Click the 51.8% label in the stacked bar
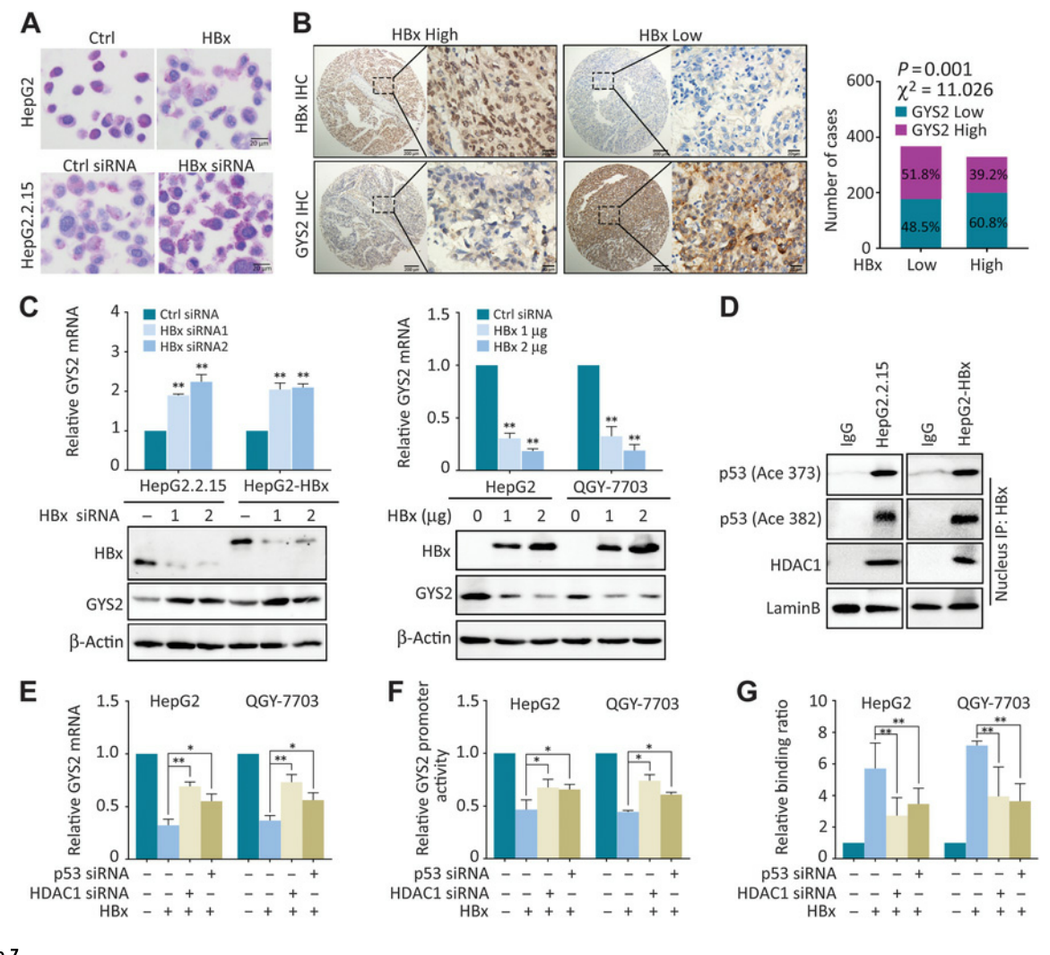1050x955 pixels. (919, 174)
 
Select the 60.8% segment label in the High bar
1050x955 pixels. (987, 222)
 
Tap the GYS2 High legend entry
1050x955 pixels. (942, 130)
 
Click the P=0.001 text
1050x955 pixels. (934, 69)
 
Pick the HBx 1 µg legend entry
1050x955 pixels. (520, 331)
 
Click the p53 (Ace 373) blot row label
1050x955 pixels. (769, 473)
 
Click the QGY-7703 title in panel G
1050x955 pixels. (993, 703)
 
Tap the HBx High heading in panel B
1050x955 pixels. (424, 35)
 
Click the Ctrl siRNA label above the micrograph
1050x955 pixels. (100, 166)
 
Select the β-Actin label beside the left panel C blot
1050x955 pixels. (96, 642)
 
